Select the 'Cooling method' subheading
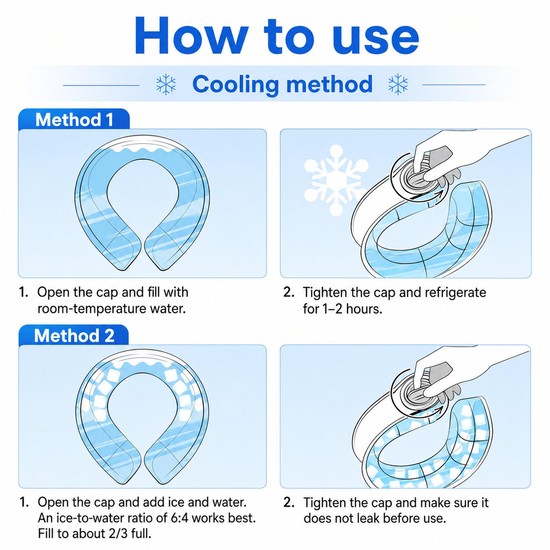(x=282, y=84)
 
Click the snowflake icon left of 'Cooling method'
(x=166, y=84)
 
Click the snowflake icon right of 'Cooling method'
(x=398, y=84)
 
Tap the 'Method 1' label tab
(x=74, y=120)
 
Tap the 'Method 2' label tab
(x=74, y=335)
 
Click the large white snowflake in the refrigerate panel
(x=336, y=180)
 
